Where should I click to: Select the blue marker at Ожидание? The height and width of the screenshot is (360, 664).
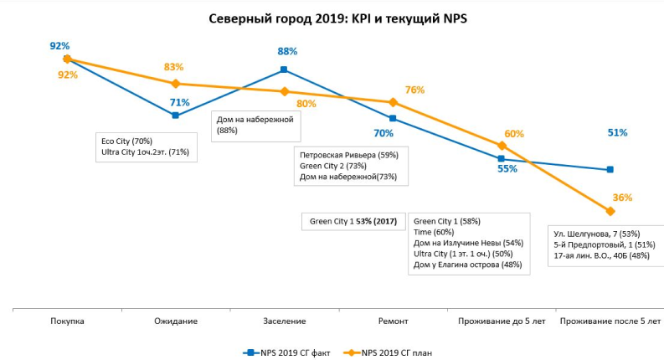coord(175,116)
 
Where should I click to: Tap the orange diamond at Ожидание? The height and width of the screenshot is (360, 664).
coord(175,84)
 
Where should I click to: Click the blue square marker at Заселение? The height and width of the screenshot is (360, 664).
coord(284,69)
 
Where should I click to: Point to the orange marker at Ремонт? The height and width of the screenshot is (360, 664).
coord(393,102)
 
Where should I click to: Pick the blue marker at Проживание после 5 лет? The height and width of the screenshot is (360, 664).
coord(610,170)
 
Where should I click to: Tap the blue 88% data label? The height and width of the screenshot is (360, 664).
coord(287,52)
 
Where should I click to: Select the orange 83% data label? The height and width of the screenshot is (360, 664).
coord(174,67)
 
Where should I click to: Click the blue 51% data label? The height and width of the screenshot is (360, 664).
coord(617,132)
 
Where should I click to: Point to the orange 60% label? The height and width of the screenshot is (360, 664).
coord(514,134)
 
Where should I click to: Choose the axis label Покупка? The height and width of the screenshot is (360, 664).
coord(67,321)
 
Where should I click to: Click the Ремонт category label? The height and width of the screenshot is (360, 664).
coord(393,321)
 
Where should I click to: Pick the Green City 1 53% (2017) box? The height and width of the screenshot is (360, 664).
coord(353,221)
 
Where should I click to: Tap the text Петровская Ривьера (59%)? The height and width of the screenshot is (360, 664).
coord(348,155)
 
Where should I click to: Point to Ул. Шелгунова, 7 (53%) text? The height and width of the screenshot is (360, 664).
coord(597,233)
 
